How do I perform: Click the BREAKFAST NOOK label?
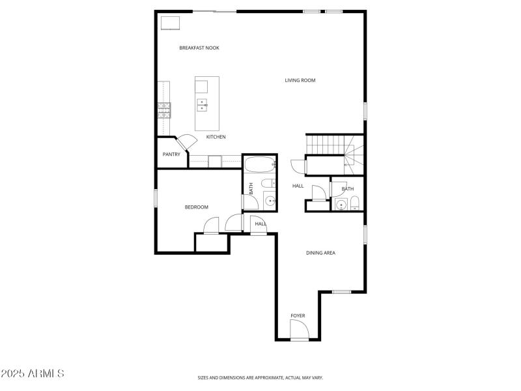coord(199,48)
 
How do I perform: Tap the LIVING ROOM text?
coord(300,80)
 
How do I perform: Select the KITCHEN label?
coord(216,137)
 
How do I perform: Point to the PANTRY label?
coord(171,154)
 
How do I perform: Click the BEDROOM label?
coord(196,207)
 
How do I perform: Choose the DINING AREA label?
coord(320,253)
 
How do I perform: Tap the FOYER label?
coord(298,316)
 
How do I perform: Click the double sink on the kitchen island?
coord(203,104)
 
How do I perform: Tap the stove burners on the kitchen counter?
coord(163,109)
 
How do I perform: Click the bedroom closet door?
coord(212,226)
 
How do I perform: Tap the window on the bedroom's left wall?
coord(156,198)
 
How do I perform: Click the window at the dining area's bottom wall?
coord(341,291)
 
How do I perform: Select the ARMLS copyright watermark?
coord(33,373)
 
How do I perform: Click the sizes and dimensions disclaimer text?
coord(260,377)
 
